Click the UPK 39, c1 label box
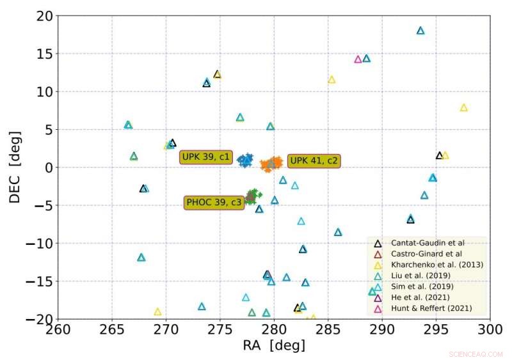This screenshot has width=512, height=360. tap(205, 157)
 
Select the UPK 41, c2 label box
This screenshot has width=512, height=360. tap(314, 160)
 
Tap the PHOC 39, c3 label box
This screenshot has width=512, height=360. tap(214, 203)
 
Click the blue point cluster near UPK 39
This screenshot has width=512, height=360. tap(245, 160)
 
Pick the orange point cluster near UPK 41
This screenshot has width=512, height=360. tap(272, 164)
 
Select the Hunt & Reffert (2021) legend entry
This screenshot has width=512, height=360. tap(426, 308)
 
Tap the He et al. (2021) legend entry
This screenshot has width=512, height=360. tap(415, 297)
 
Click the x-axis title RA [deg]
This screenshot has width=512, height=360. tap(273, 346)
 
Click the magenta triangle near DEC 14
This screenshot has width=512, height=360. tap(358, 59)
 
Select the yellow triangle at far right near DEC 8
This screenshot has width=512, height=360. tap(464, 107)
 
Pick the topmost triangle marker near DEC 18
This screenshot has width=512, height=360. tap(420, 31)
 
